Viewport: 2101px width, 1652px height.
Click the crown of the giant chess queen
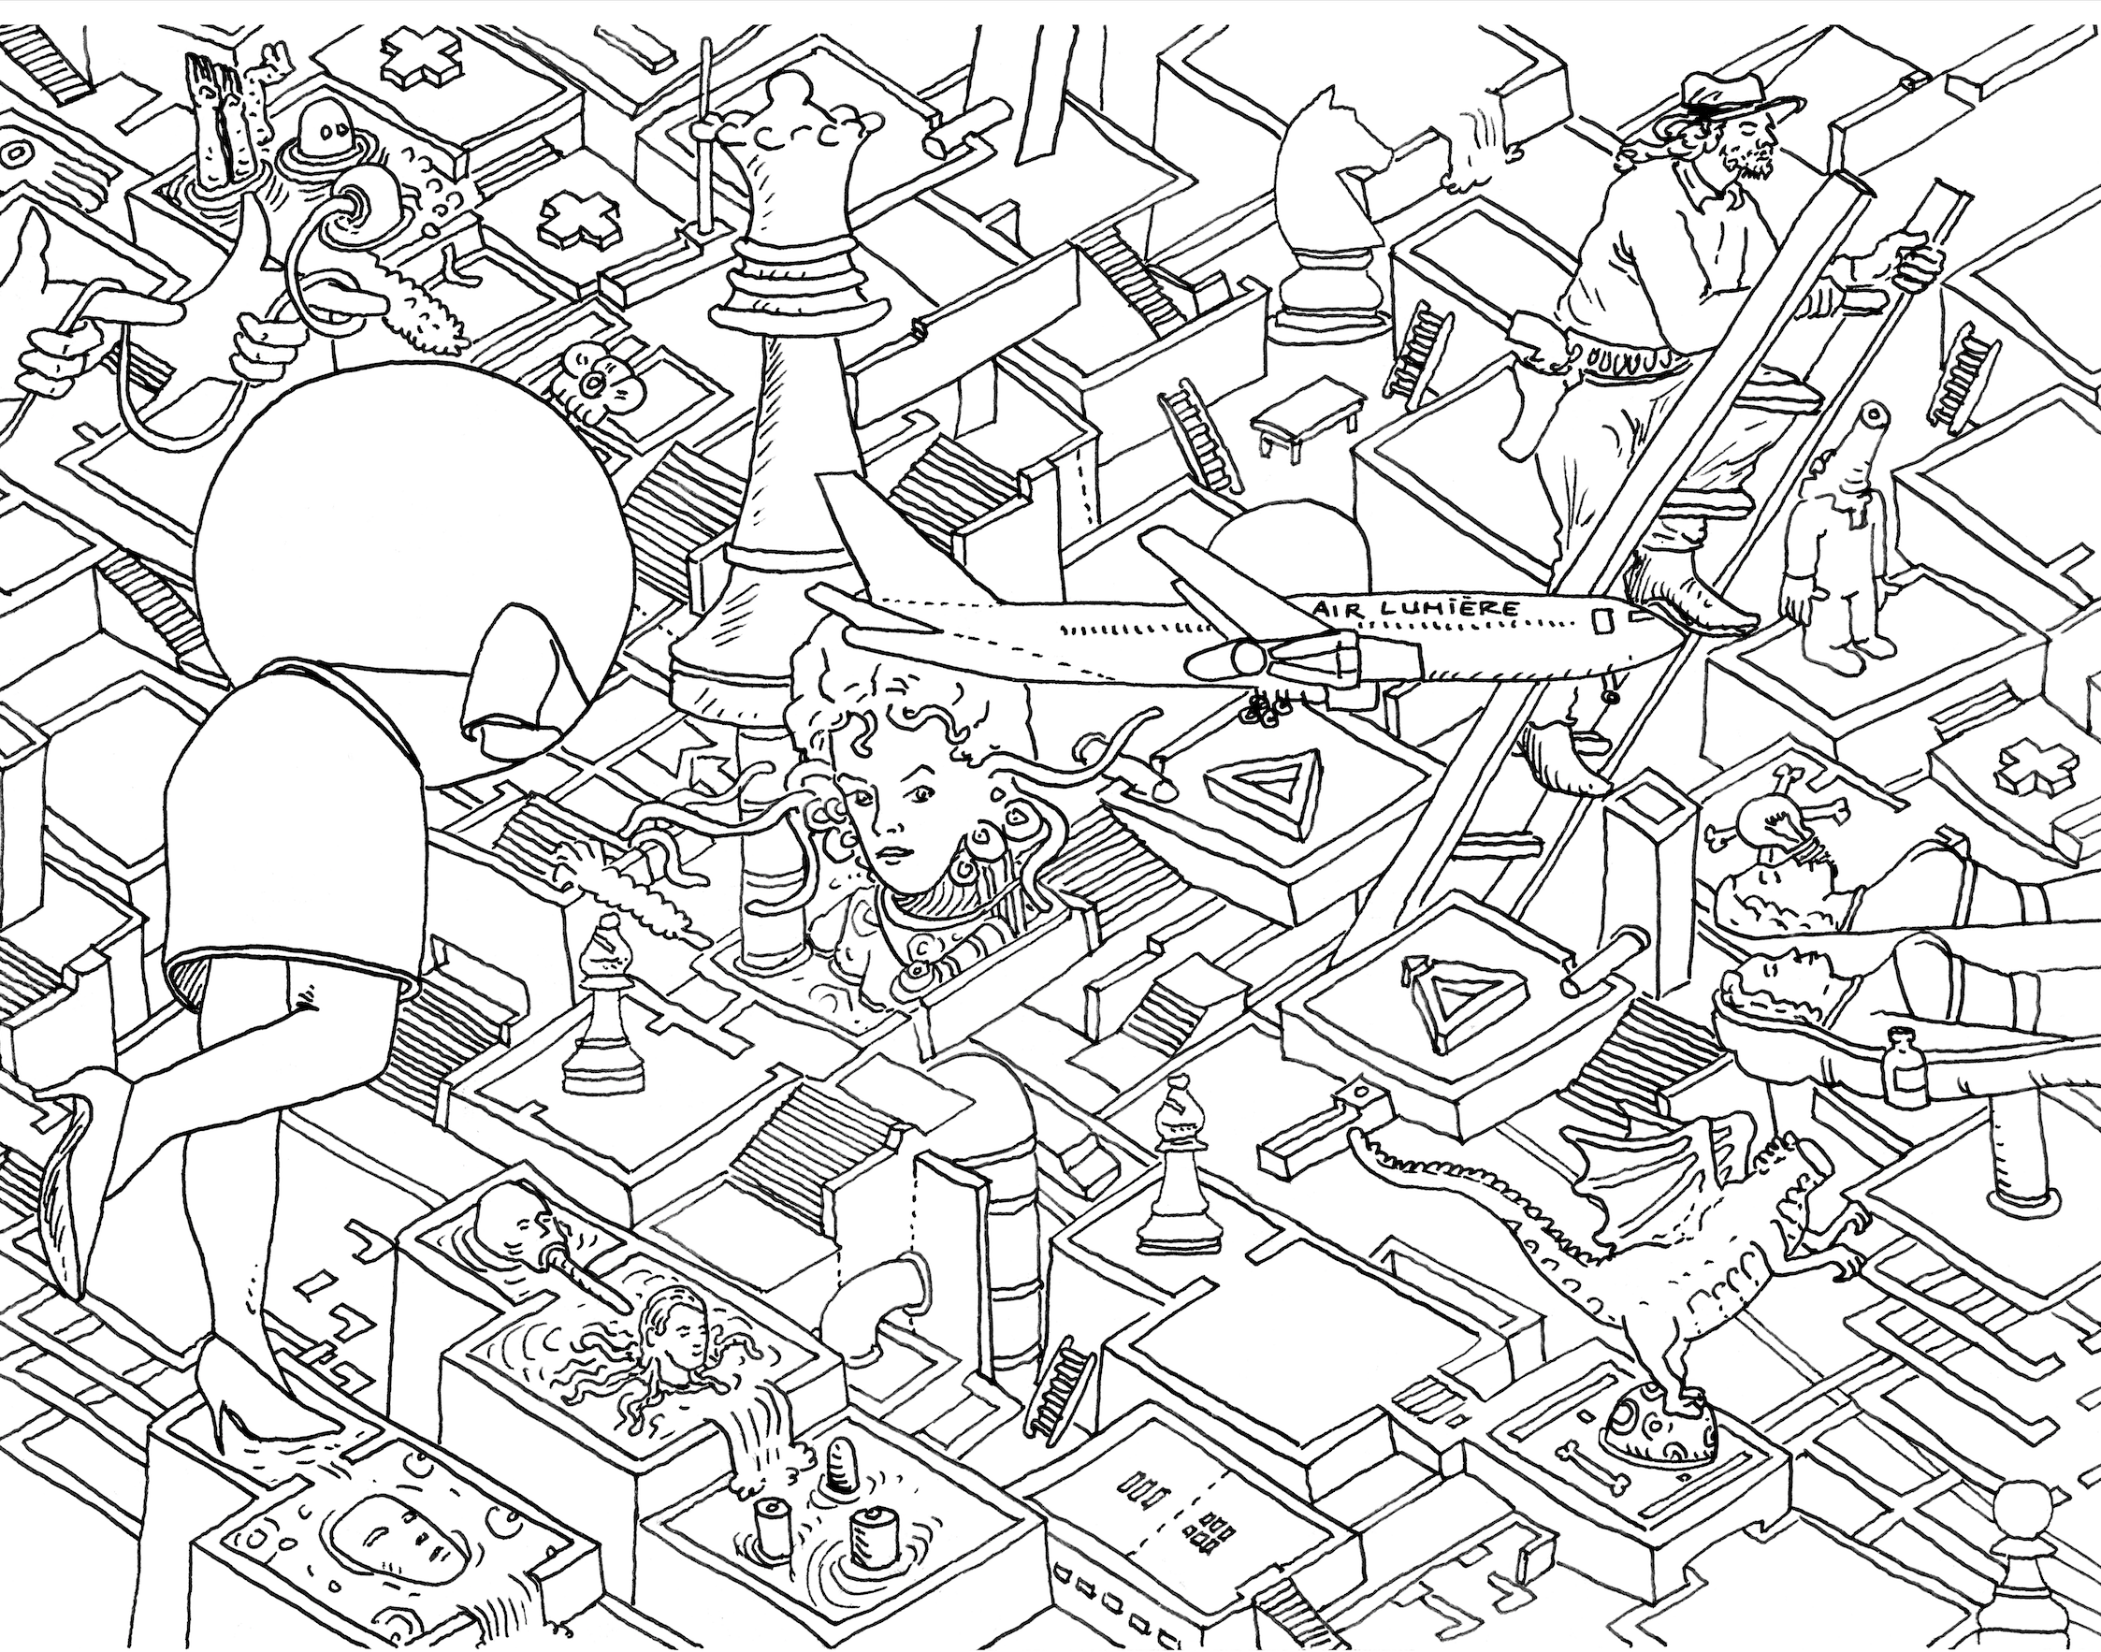click(x=791, y=145)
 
